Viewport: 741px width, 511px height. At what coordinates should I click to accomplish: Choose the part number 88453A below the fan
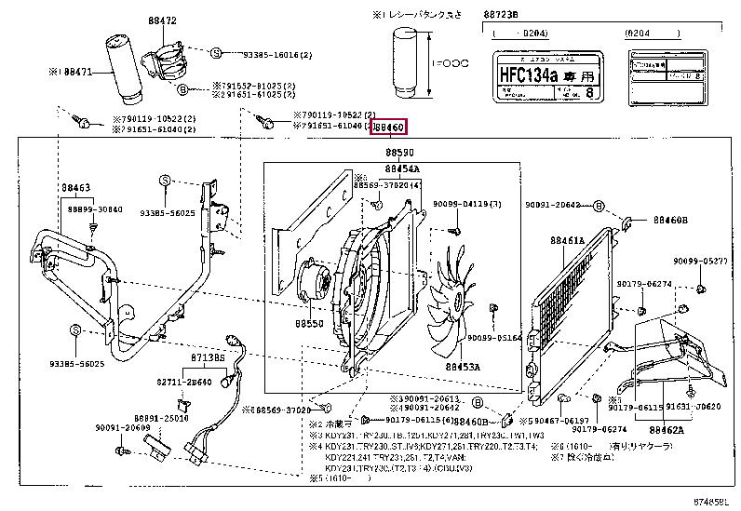point(462,367)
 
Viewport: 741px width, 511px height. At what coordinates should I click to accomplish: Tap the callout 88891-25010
point(161,419)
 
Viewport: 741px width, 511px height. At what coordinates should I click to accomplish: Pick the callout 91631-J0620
point(694,407)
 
